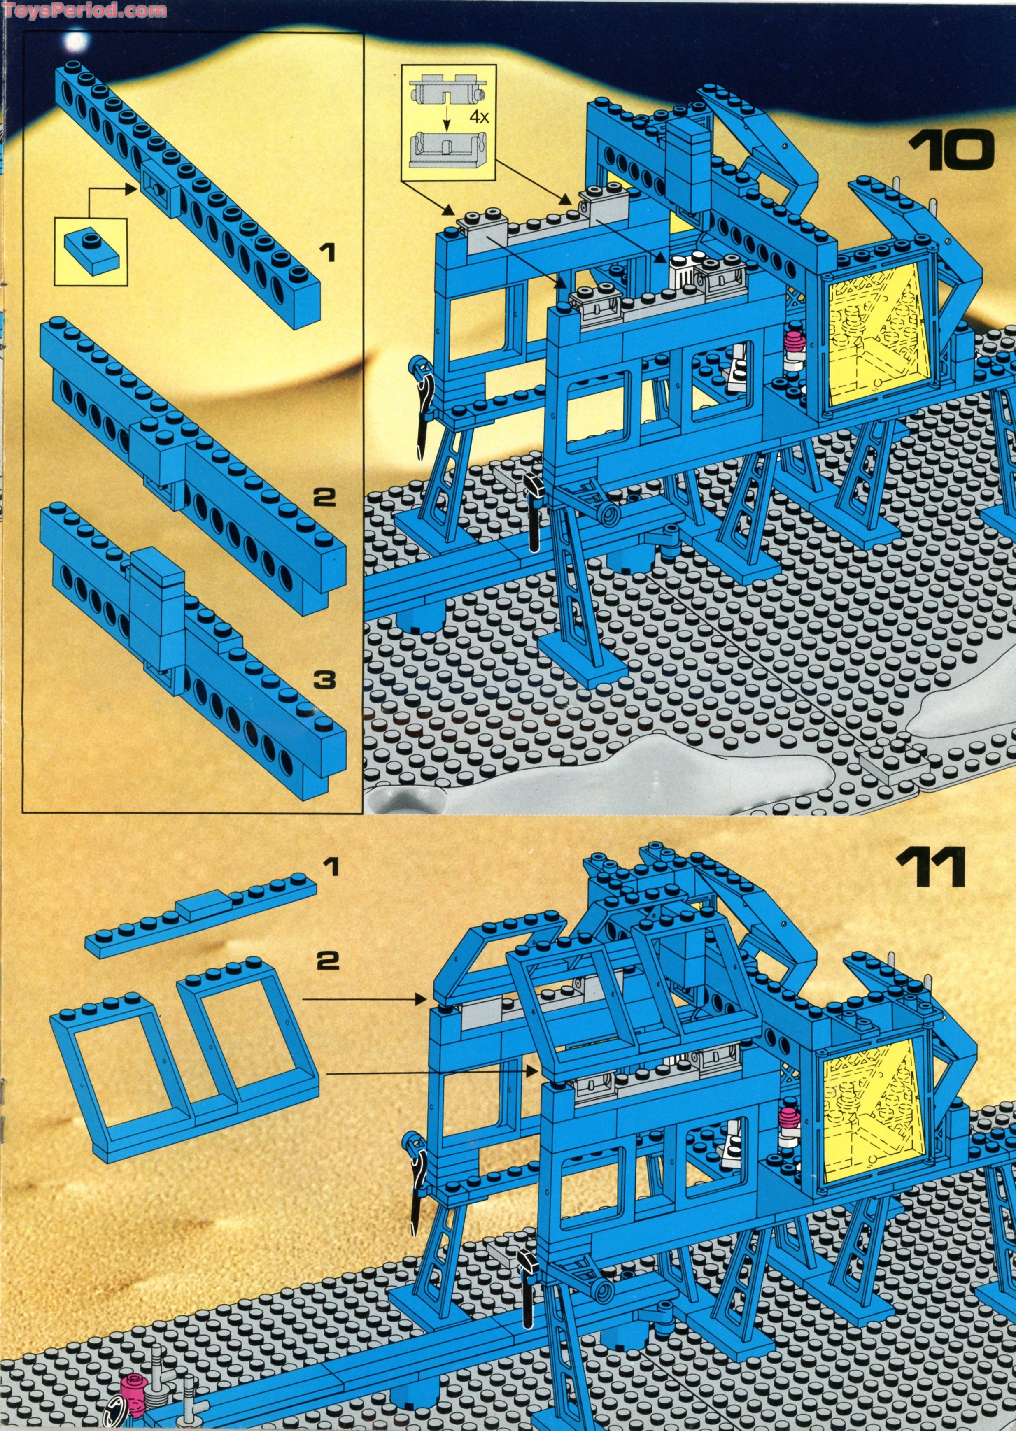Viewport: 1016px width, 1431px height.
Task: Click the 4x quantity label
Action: (479, 117)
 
